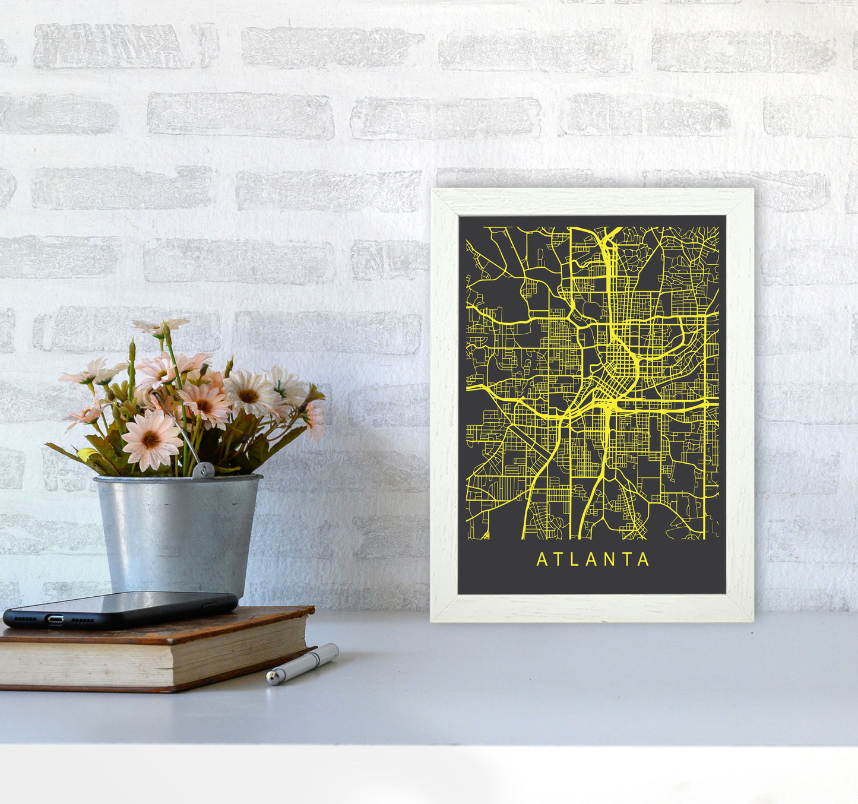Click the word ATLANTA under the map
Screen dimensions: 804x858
pyautogui.click(x=593, y=560)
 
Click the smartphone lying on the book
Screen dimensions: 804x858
pyautogui.click(x=121, y=610)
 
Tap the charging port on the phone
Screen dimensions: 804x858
pyautogui.click(x=55, y=619)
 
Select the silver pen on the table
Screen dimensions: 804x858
pyautogui.click(x=302, y=663)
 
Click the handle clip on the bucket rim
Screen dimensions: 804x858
pyautogui.click(x=203, y=470)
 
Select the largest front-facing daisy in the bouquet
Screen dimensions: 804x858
pyautogui.click(x=151, y=439)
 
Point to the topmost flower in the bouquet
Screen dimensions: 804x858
pyautogui.click(x=160, y=326)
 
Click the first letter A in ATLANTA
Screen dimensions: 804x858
pyautogui.click(x=542, y=560)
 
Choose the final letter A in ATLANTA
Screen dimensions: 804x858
pyautogui.click(x=644, y=560)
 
